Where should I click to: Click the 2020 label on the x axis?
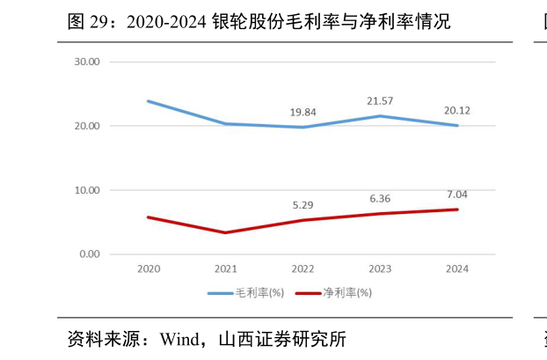coord(148,268)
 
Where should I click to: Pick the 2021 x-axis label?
coord(225,268)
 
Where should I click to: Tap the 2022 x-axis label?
coord(303,268)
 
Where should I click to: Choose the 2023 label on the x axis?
coord(380,268)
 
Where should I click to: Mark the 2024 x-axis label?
coord(457,268)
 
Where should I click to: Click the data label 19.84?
coord(303,112)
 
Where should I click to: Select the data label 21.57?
coord(380,101)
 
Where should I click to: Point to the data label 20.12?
coord(457,110)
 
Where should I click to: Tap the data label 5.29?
coord(303,205)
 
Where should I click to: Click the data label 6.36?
coord(380,198)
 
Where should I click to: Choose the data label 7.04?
coord(457,194)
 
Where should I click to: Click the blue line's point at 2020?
coord(148,101)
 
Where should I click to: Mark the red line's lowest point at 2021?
coord(225,232)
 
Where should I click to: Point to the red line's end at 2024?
coord(457,209)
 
